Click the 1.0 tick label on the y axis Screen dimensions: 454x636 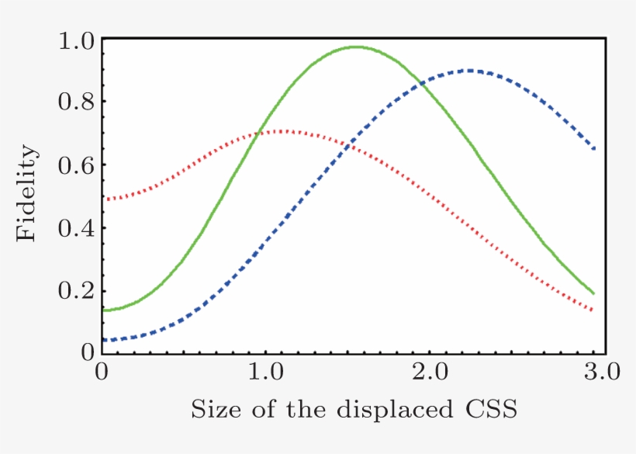77,40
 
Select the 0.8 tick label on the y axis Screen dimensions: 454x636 77,102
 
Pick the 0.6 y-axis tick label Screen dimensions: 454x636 77,165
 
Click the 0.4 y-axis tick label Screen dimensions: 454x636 77,228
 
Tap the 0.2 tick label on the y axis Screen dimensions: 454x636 77,291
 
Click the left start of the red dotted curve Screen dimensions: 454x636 103,199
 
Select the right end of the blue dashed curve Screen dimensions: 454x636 594,148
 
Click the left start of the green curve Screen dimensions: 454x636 103,310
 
